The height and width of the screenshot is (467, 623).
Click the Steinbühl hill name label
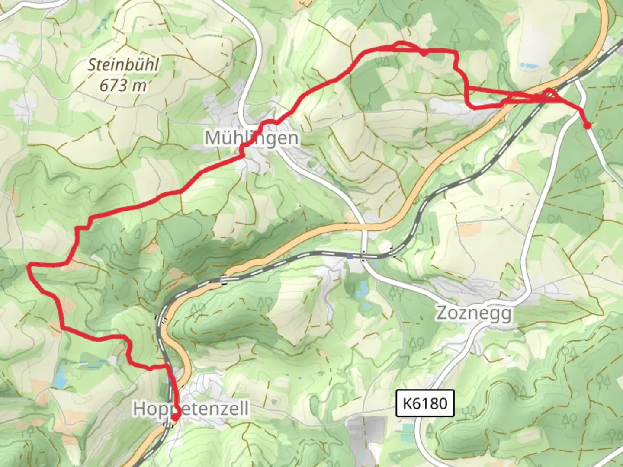pyautogui.click(x=124, y=65)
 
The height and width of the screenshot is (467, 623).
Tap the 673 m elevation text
pyautogui.click(x=123, y=86)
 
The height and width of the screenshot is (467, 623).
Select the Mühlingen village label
pyautogui.click(x=251, y=138)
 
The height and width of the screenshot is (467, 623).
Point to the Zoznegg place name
pyautogui.click(x=474, y=313)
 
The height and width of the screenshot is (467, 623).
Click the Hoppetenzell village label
pyautogui.click(x=191, y=408)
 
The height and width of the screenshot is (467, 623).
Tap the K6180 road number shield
pyautogui.click(x=425, y=403)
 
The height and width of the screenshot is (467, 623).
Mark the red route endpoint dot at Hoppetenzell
pyautogui.click(x=175, y=417)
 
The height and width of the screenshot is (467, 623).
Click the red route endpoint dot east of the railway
pyautogui.click(x=587, y=126)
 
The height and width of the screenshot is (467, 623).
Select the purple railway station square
pyautogui.click(x=350, y=256)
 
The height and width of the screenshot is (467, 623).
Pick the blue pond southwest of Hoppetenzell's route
pyautogui.click(x=60, y=376)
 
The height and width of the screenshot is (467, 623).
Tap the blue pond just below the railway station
pyautogui.click(x=362, y=288)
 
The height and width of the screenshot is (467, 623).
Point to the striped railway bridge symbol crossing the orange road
pyautogui.click(x=224, y=280)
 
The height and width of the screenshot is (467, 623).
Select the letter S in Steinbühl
pyautogui.click(x=92, y=65)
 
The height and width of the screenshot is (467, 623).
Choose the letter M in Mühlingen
pyautogui.click(x=213, y=138)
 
